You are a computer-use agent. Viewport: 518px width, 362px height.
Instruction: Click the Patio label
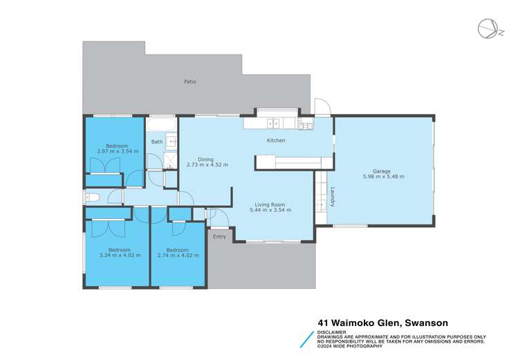tap(189, 82)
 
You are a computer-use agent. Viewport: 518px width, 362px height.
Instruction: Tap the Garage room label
tap(382, 171)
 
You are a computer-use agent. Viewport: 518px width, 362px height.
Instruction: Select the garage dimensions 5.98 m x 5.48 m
tap(383, 177)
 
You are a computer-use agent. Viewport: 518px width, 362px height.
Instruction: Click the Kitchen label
tap(277, 141)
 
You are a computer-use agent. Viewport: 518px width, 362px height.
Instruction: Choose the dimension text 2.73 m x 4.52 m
tap(207, 165)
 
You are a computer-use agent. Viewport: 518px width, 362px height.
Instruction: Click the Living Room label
tap(270, 204)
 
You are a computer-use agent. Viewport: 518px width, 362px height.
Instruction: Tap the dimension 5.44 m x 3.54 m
tap(270, 210)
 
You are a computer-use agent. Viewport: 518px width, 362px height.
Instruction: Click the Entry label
tap(219, 237)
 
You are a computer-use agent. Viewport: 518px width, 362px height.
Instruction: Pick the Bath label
tap(157, 142)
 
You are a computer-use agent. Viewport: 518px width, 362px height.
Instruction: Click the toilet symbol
tap(94, 198)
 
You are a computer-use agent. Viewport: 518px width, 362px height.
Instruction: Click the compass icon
tap(486, 28)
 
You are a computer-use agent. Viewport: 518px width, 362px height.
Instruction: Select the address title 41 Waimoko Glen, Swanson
tap(382, 322)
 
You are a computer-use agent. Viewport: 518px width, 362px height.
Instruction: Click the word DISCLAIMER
tap(333, 332)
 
